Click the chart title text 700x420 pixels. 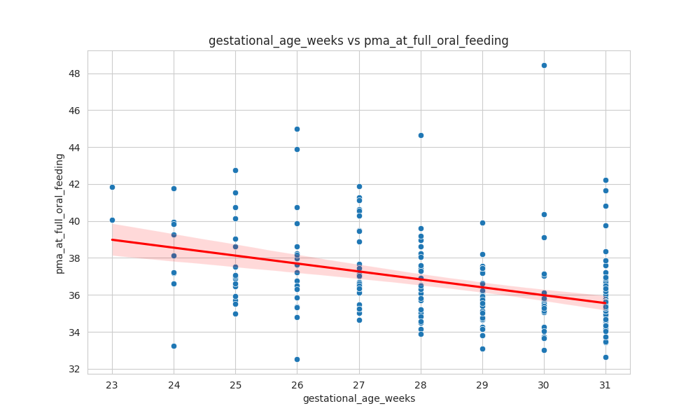coord(358,41)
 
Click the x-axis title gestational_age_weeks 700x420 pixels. coord(358,398)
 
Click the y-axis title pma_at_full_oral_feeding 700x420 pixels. coord(59,213)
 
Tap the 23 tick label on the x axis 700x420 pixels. coord(112,384)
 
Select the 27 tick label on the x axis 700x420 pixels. coord(359,384)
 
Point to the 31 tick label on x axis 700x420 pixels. coord(605,384)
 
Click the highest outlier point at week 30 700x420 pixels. coord(544,65)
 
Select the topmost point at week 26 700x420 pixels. coord(297,129)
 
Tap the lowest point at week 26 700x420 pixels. coord(297,359)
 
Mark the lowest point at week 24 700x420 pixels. coord(174,346)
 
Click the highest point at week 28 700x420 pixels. coord(421,135)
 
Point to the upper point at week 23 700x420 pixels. coord(112,187)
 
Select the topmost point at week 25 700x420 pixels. coord(235,170)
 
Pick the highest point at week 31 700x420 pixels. coord(605,180)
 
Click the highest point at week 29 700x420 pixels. coord(482,223)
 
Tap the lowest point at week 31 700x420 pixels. coord(605,357)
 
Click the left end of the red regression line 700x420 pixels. coord(113,239)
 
